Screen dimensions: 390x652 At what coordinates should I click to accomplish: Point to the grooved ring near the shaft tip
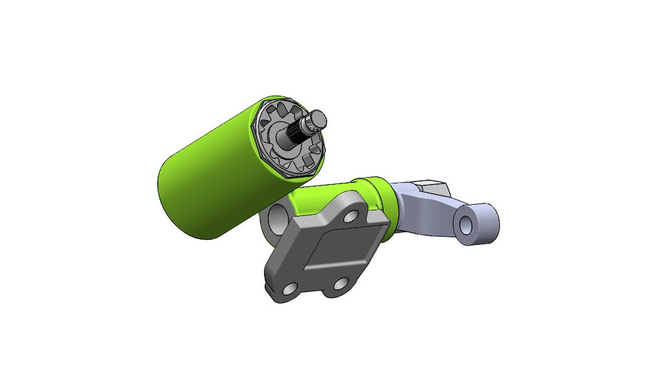click(x=310, y=124)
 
